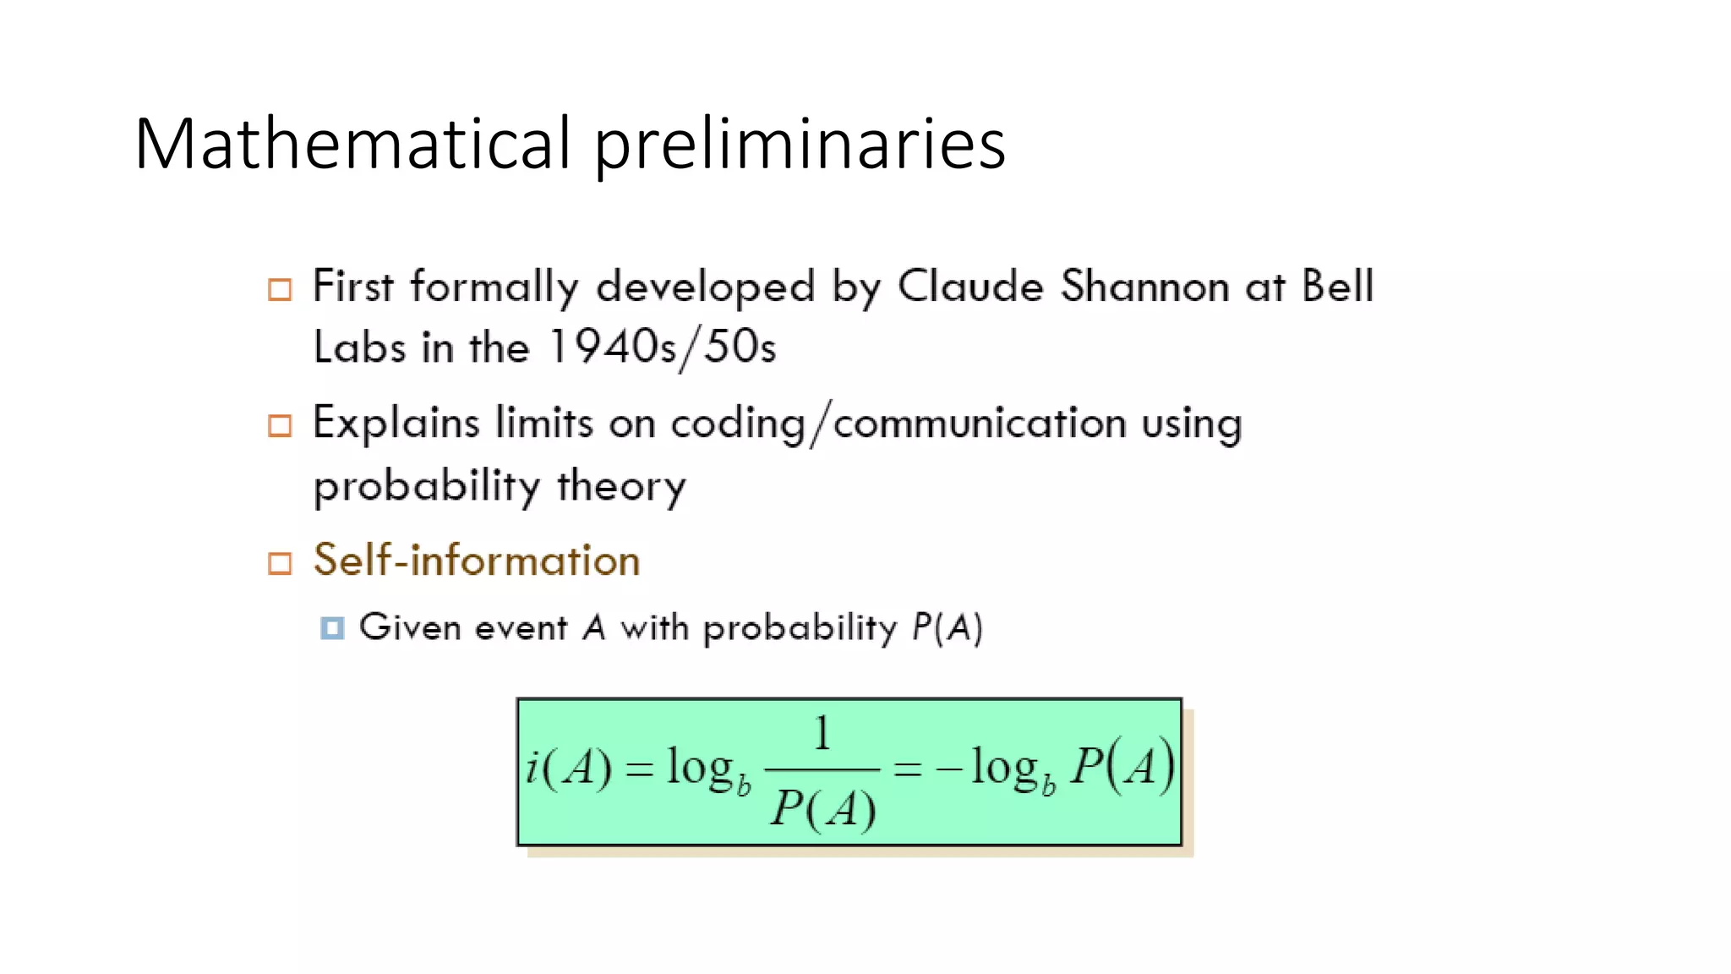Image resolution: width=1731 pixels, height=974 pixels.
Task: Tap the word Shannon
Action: click(1145, 287)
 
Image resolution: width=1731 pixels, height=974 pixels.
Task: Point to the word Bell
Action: click(1337, 287)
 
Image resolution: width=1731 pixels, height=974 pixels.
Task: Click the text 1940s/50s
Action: click(662, 347)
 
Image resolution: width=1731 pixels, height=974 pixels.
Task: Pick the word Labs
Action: click(359, 347)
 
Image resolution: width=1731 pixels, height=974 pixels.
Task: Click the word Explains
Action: click(396, 424)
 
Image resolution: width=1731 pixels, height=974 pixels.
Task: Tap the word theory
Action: click(621, 486)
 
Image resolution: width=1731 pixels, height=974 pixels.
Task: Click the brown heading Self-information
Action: click(477, 561)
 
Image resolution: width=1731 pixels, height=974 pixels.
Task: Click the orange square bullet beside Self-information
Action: click(280, 563)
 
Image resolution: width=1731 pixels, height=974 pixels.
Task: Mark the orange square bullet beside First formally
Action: click(280, 289)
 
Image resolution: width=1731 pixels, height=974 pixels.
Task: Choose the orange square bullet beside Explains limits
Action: click(280, 425)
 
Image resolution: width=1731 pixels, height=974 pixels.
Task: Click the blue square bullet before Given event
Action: click(332, 628)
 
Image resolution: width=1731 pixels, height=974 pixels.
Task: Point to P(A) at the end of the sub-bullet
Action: click(947, 628)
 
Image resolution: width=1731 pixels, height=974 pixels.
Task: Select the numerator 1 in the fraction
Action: click(822, 733)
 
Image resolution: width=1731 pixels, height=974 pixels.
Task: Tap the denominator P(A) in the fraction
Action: click(822, 808)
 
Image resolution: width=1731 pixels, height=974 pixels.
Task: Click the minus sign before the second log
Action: click(948, 769)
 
